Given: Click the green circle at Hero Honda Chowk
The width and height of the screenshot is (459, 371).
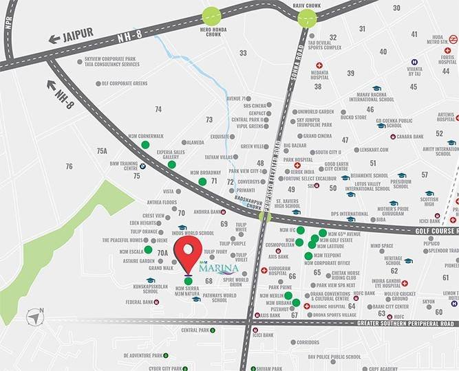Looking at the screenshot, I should (x=211, y=16).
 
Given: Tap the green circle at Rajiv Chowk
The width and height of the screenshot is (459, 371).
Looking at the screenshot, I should (x=307, y=18).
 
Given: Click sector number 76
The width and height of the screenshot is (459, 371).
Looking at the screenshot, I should (x=69, y=167).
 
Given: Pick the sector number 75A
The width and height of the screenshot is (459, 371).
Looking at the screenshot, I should (x=102, y=150).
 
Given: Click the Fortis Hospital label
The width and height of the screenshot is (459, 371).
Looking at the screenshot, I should (x=447, y=58).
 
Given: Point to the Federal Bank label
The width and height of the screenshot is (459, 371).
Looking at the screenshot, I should (x=139, y=302).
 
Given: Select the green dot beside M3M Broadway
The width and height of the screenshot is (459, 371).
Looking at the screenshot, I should (x=202, y=181).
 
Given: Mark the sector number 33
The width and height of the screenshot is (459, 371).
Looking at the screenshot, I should (x=243, y=53).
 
